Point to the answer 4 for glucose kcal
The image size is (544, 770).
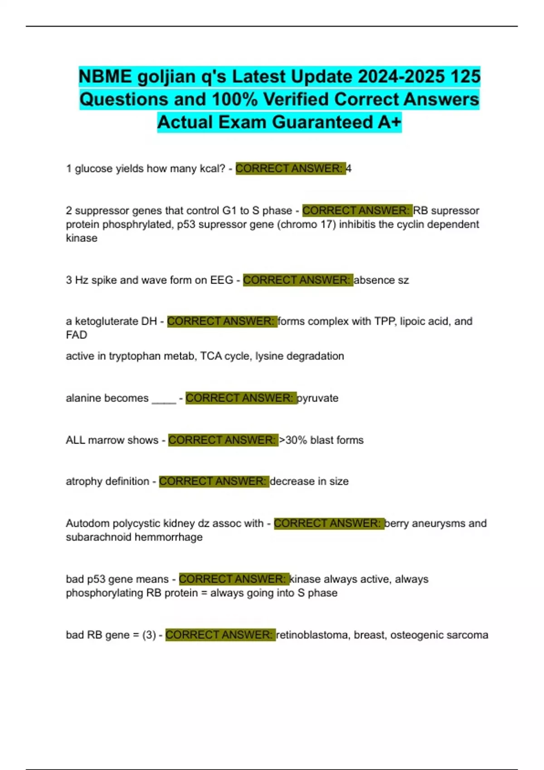(349, 168)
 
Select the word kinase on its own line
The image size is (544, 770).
(82, 238)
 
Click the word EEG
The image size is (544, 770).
(222, 280)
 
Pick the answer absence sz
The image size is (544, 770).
(381, 280)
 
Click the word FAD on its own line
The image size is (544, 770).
(76, 335)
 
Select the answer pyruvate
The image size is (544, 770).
(318, 398)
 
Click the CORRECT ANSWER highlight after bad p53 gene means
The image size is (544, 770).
(233, 579)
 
